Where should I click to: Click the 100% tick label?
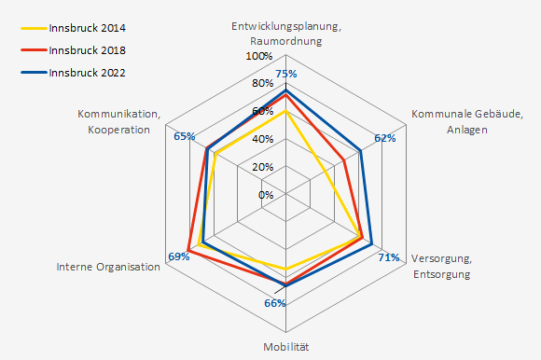(x=259, y=56)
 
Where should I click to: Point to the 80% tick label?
(x=262, y=84)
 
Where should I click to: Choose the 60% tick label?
(x=262, y=112)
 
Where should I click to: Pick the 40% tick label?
(x=262, y=139)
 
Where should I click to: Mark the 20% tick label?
(x=262, y=167)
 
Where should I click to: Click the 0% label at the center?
(x=266, y=195)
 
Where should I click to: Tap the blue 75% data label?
(x=286, y=74)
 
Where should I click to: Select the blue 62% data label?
(x=384, y=138)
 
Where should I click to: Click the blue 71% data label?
(x=389, y=257)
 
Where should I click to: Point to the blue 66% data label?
(x=275, y=303)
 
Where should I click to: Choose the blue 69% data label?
(x=178, y=256)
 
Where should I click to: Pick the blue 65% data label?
(x=184, y=136)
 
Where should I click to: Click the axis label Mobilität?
(x=285, y=347)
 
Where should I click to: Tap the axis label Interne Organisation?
(x=108, y=267)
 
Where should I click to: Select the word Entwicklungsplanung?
(x=284, y=26)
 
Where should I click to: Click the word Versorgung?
(x=441, y=258)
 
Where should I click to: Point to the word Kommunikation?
(x=118, y=114)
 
